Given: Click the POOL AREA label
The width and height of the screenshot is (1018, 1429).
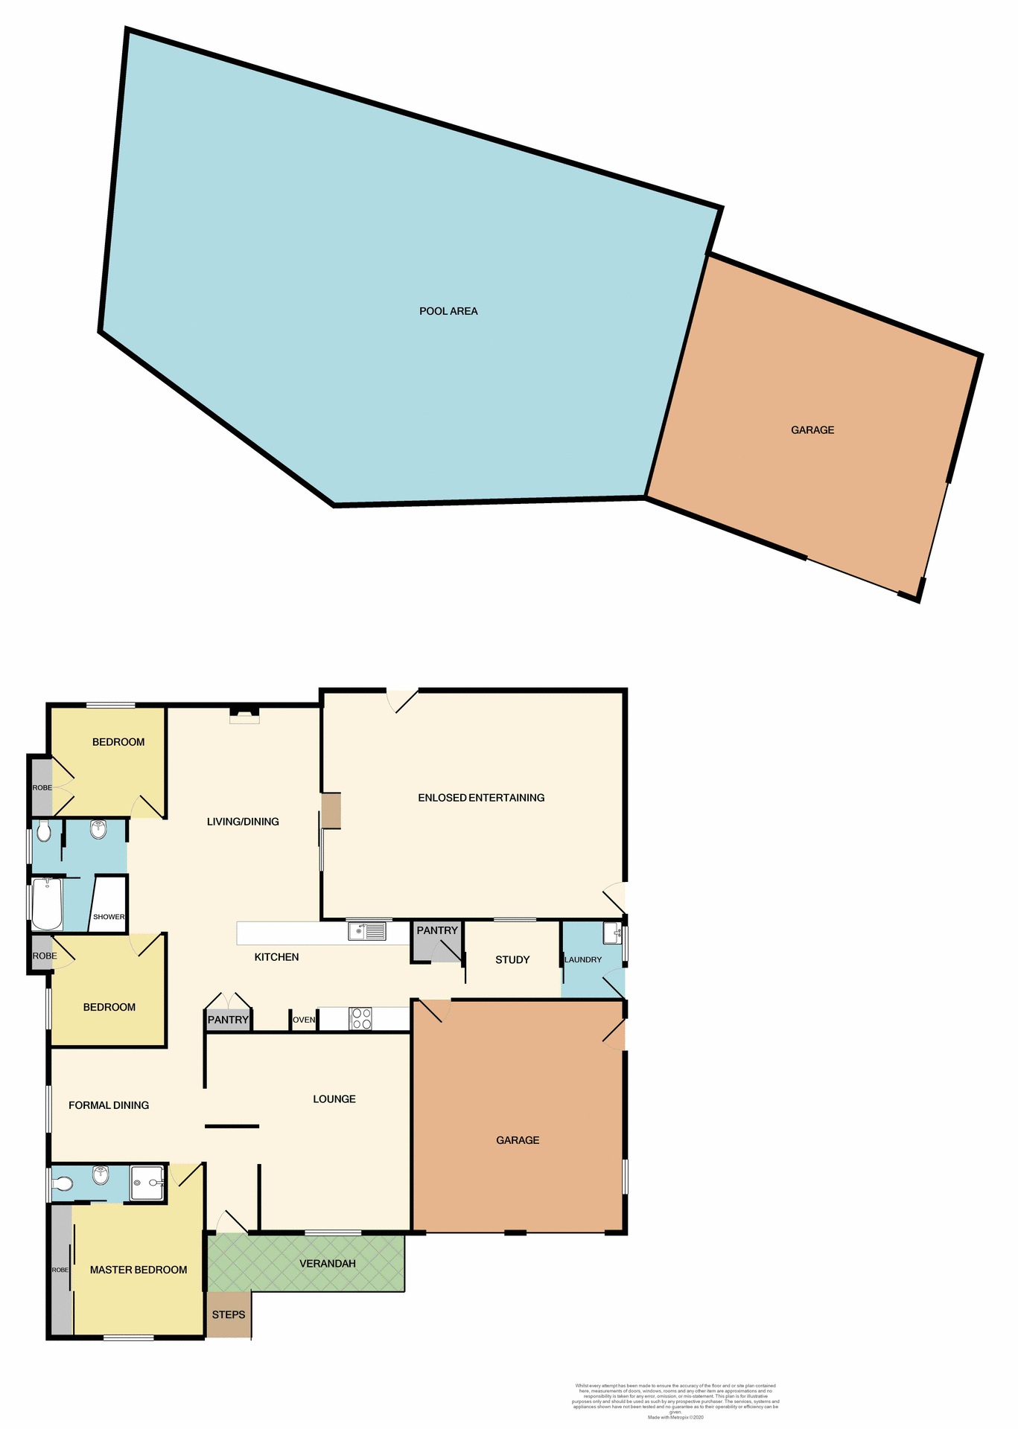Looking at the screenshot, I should (448, 311).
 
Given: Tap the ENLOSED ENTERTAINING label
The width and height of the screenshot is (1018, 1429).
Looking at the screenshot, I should (481, 798).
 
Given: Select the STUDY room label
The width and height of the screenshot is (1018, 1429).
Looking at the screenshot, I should (512, 960).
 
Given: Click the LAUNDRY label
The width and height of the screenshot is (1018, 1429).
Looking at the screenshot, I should (583, 960).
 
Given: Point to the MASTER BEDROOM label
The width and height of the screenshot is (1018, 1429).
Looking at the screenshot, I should (139, 1270).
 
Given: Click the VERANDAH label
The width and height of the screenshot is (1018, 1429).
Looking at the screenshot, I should (328, 1264).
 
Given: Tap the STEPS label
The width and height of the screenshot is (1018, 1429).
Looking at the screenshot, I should (229, 1315).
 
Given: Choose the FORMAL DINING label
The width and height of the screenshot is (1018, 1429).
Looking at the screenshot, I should (109, 1105).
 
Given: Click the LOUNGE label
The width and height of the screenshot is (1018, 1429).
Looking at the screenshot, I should (334, 1099).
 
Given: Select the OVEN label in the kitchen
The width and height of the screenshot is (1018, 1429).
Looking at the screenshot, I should (304, 1020).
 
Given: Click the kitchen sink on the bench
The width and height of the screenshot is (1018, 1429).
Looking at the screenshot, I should (366, 931).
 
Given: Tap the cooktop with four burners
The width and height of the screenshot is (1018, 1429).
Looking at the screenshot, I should (361, 1019).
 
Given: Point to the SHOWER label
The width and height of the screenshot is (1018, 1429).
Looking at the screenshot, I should (109, 917).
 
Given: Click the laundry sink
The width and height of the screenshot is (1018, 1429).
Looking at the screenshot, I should (612, 933).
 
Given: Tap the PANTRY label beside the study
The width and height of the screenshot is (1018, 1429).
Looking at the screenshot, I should (437, 930).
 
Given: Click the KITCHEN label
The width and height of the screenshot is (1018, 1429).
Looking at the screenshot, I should (276, 957).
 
